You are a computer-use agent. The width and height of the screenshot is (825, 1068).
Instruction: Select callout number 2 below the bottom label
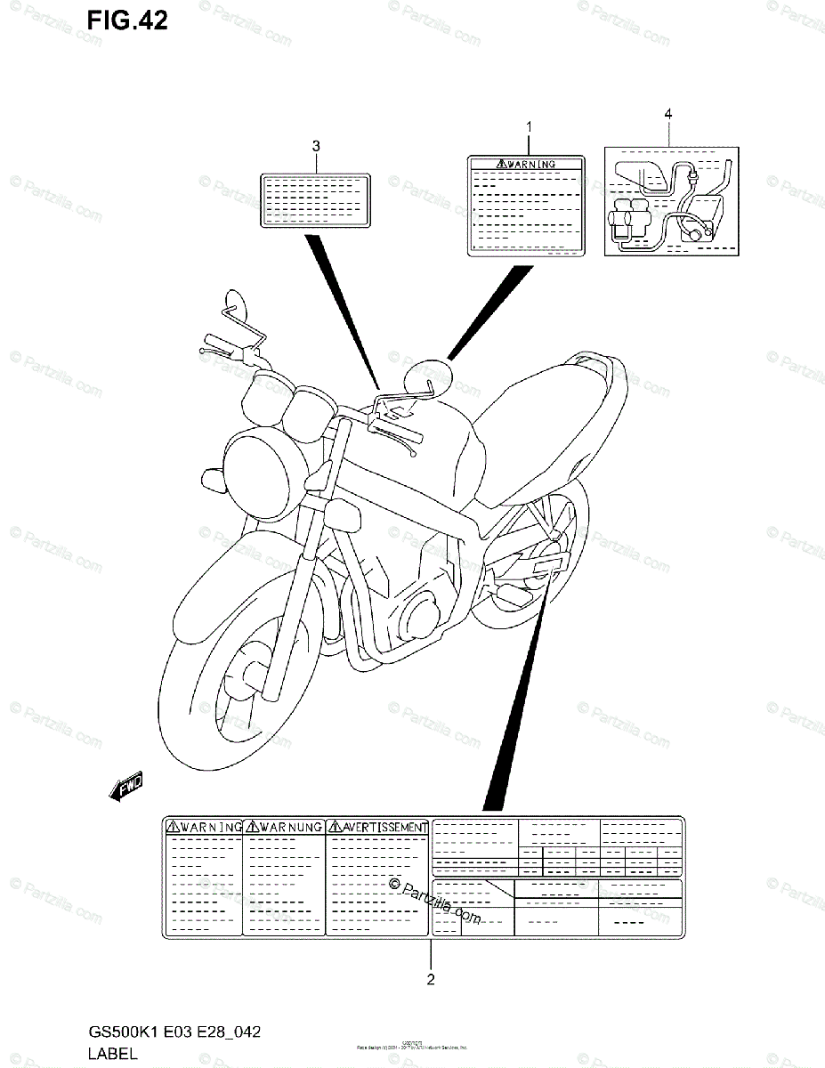[431, 980]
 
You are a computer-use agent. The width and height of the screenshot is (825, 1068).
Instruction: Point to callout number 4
[667, 113]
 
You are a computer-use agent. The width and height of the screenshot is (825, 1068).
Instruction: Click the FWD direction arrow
[125, 786]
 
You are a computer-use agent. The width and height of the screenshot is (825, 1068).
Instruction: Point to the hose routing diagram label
[672, 202]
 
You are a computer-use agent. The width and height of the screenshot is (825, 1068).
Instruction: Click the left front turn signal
[214, 481]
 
